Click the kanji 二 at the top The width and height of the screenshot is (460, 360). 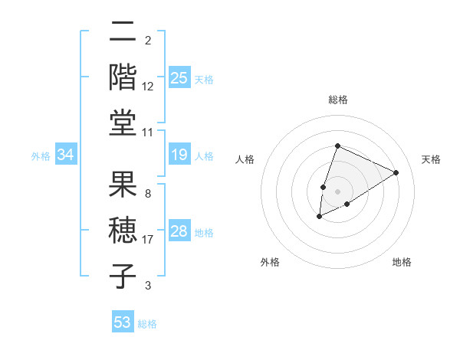[x=123, y=34]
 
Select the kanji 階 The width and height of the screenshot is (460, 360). [x=123, y=77]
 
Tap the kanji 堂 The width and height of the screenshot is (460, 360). [x=123, y=122]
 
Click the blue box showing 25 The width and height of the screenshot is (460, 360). [x=179, y=78]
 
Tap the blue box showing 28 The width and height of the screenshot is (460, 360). [x=179, y=231]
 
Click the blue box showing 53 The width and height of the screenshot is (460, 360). [x=123, y=322]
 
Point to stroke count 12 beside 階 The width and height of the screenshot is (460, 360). [x=148, y=87]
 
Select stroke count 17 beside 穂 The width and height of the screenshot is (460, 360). [x=148, y=240]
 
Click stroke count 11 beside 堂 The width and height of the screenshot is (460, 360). [x=148, y=133]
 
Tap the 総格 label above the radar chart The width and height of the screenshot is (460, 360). [x=338, y=100]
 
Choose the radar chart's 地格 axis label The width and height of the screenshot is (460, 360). [x=402, y=263]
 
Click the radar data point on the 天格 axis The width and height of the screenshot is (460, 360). [x=396, y=172]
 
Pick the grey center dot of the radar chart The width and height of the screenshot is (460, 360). [x=338, y=191]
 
